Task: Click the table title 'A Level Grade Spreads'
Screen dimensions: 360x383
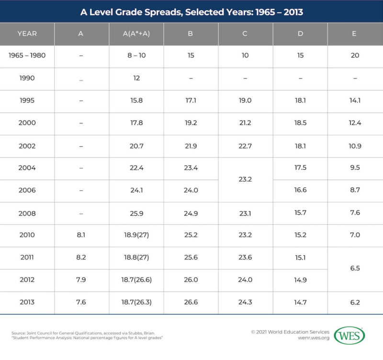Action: coord(191,11)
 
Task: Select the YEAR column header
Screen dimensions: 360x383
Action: coord(27,34)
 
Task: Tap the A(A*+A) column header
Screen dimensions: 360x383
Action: coord(136,34)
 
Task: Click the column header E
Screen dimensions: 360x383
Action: coord(355,34)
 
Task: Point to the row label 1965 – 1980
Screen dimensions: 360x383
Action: coord(27,56)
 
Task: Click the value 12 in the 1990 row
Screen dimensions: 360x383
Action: coord(136,78)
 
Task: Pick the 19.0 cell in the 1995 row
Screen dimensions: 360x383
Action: coord(245,101)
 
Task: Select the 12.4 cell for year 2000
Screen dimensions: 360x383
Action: coord(355,123)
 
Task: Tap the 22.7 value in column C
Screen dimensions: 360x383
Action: coord(245,146)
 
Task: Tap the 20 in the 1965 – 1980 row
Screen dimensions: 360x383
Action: coord(355,56)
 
